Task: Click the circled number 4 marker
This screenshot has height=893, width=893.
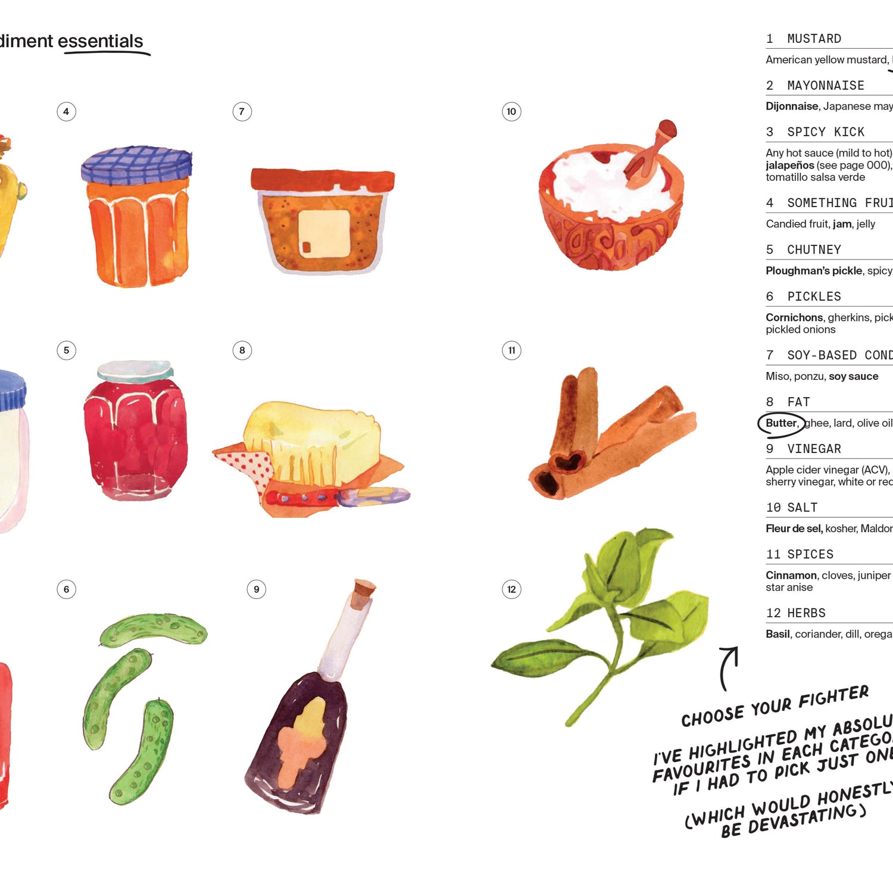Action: point(66,111)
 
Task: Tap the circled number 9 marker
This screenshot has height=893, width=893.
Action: point(256,589)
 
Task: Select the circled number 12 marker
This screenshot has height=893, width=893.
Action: point(511,589)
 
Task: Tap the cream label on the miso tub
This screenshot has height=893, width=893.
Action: point(324,233)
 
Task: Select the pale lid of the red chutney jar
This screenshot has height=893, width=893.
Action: point(135,370)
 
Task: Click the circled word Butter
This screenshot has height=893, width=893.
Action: point(781,423)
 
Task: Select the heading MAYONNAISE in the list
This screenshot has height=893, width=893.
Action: point(825,86)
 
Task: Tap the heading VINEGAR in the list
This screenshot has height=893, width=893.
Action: point(814,449)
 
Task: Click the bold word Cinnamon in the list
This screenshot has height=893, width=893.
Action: point(791,575)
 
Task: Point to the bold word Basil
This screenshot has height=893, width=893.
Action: point(778,634)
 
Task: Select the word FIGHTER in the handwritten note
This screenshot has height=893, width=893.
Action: point(833,697)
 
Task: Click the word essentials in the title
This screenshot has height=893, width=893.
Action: point(100,41)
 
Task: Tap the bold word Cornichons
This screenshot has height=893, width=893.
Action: point(794,317)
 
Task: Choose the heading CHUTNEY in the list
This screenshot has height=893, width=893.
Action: point(814,250)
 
